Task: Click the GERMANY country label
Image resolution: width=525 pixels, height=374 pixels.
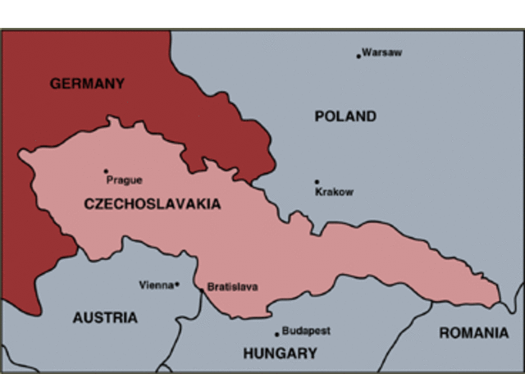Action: tap(87, 84)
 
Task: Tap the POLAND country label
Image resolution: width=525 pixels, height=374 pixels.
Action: tap(345, 116)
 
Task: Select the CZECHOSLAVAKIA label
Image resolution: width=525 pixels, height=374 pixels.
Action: tap(153, 204)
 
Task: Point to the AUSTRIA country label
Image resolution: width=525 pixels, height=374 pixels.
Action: tap(105, 317)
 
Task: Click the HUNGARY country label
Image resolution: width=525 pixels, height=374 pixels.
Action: tap(280, 353)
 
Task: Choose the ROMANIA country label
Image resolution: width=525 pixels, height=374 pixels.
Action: tap(473, 333)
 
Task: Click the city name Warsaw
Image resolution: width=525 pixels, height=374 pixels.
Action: tap(382, 52)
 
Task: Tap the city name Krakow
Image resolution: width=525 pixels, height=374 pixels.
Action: tap(335, 192)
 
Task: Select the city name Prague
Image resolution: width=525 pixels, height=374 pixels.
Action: tap(124, 180)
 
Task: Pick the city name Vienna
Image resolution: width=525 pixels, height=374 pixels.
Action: tap(156, 285)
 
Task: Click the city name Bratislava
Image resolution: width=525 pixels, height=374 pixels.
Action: tap(232, 287)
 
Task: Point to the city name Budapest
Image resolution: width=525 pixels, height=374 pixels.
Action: tap(306, 331)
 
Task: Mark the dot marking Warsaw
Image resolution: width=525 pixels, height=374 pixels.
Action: tap(358, 56)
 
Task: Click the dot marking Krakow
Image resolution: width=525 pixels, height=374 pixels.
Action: tap(317, 182)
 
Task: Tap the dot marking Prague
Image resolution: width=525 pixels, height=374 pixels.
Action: tap(106, 171)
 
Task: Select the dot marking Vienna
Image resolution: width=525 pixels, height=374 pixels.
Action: tap(176, 285)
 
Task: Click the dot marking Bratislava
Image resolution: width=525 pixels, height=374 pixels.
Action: tap(201, 289)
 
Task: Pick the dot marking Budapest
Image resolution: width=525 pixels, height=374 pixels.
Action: tap(276, 334)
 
